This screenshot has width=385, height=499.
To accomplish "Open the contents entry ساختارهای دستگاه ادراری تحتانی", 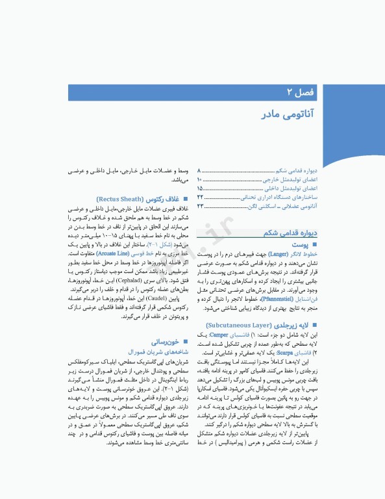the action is point(280,197).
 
